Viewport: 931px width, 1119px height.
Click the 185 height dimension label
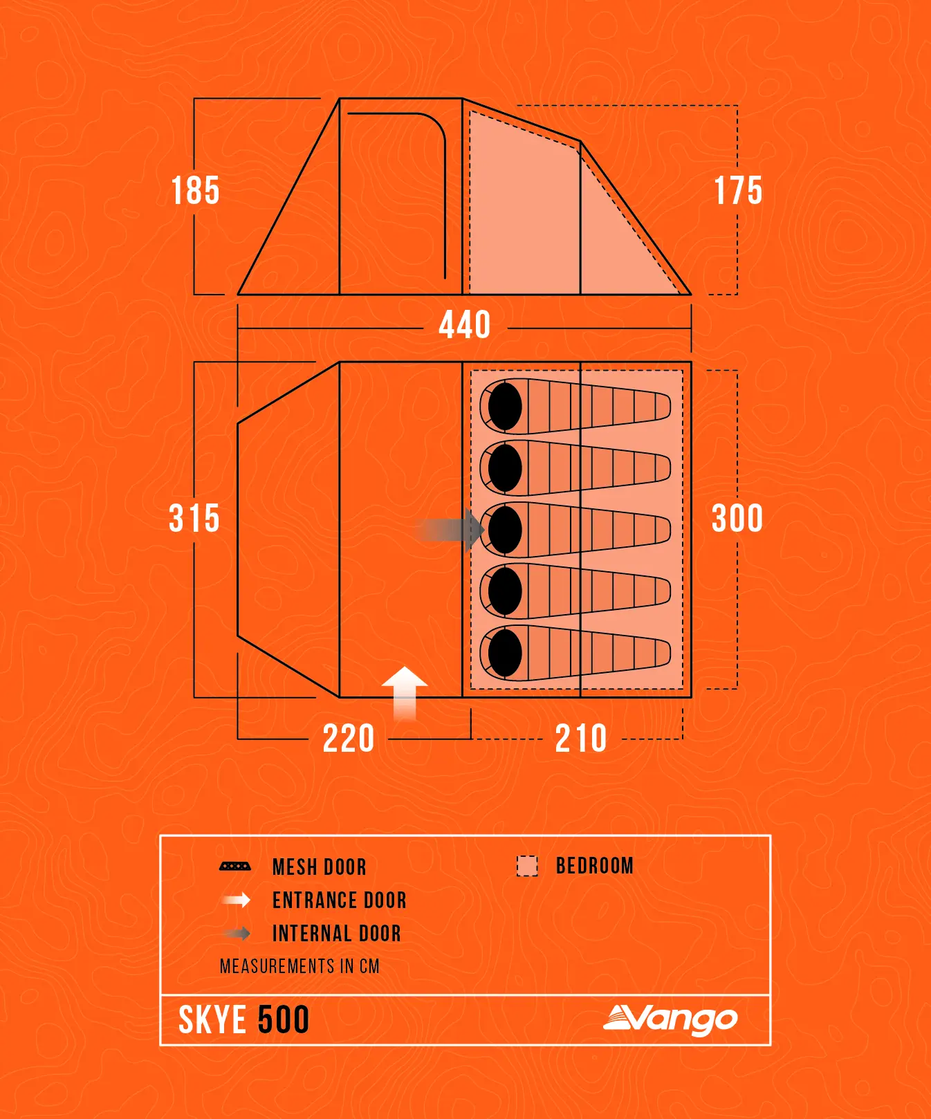[196, 190]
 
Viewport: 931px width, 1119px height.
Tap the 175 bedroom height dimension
[738, 190]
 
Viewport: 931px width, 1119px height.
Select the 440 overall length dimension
[465, 325]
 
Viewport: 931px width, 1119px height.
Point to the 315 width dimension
[194, 518]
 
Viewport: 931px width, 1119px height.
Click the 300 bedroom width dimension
[737, 518]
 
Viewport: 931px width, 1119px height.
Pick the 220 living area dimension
[349, 739]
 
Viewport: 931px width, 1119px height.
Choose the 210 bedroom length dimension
[581, 739]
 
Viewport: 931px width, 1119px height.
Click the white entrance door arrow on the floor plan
[405, 694]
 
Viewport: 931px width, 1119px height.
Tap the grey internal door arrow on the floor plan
[450, 530]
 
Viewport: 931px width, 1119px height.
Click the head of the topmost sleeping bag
[505, 406]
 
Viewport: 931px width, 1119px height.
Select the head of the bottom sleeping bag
[505, 652]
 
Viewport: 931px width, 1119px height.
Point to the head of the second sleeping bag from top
[505, 468]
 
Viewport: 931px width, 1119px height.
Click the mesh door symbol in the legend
[235, 866]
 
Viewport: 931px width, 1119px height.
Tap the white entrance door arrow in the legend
[236, 900]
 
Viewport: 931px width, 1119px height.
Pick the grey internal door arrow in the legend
[236, 933]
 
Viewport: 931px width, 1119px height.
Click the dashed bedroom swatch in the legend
[527, 866]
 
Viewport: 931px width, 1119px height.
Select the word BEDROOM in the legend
[595, 866]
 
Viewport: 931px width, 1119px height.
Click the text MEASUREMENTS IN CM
[299, 966]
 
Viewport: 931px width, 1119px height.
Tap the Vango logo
[670, 1019]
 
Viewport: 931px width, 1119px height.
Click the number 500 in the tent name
[283, 1020]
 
